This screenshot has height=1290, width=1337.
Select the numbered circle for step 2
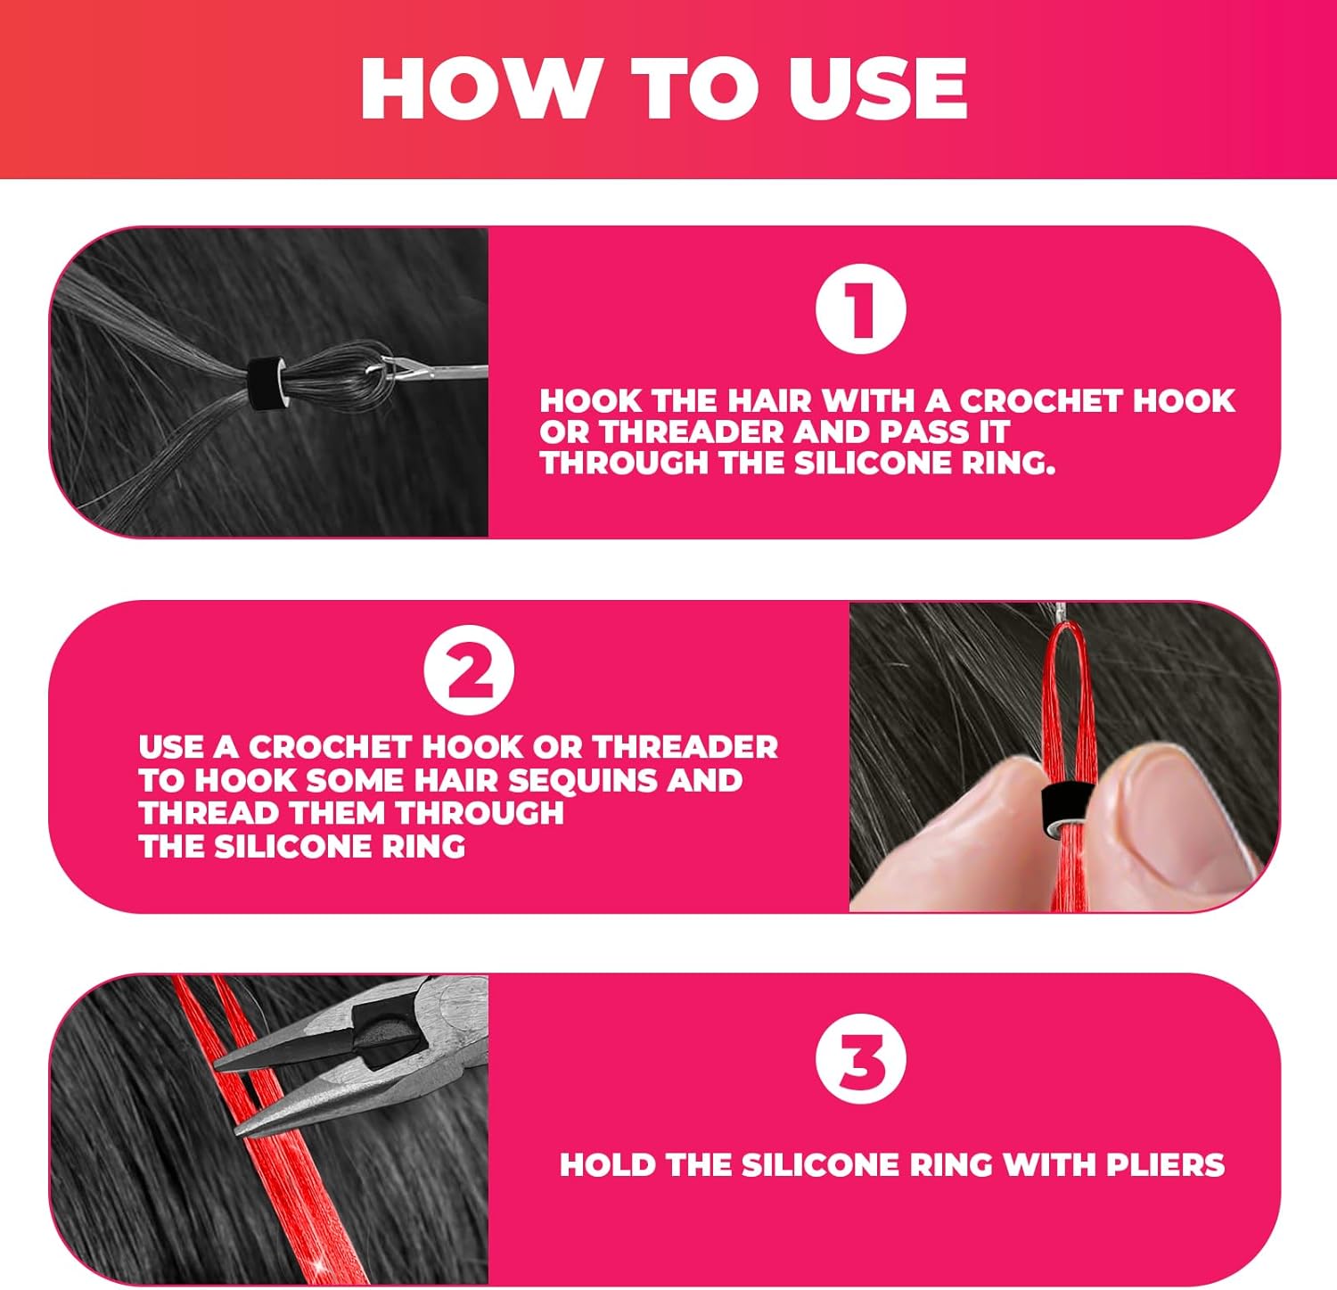tap(469, 671)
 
